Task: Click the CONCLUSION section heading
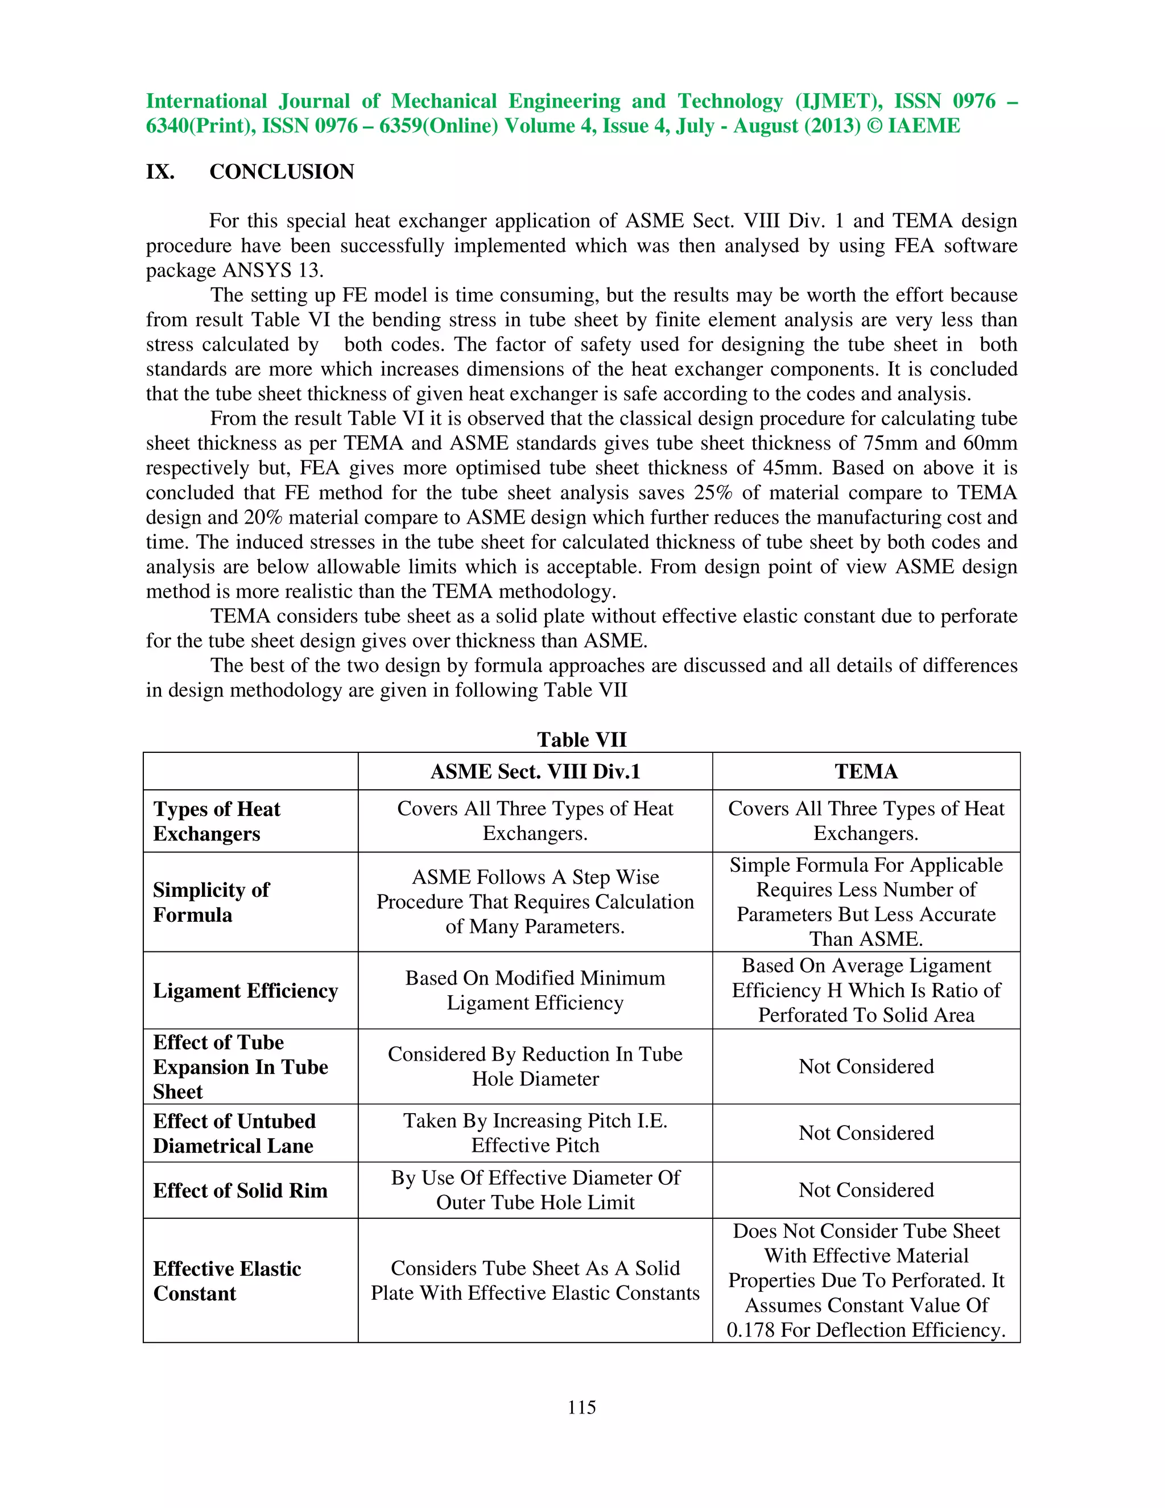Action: pyautogui.click(x=282, y=171)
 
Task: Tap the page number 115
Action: pyautogui.click(x=582, y=1407)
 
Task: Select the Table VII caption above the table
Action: pyautogui.click(x=582, y=740)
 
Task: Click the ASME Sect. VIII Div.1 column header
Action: pyautogui.click(x=535, y=771)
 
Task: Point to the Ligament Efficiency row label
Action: pyautogui.click(x=245, y=991)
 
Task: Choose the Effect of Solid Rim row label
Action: pyautogui.click(x=240, y=1190)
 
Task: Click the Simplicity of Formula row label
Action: pyautogui.click(x=211, y=903)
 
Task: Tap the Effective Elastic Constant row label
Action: pyautogui.click(x=227, y=1281)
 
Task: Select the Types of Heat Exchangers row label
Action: pyautogui.click(x=217, y=821)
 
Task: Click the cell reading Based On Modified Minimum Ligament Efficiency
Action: pyautogui.click(x=535, y=990)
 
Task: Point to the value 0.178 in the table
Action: pyautogui.click(x=750, y=1330)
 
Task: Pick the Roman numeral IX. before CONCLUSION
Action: pyautogui.click(x=159, y=171)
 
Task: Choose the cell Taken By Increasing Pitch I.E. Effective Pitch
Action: pyautogui.click(x=535, y=1132)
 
